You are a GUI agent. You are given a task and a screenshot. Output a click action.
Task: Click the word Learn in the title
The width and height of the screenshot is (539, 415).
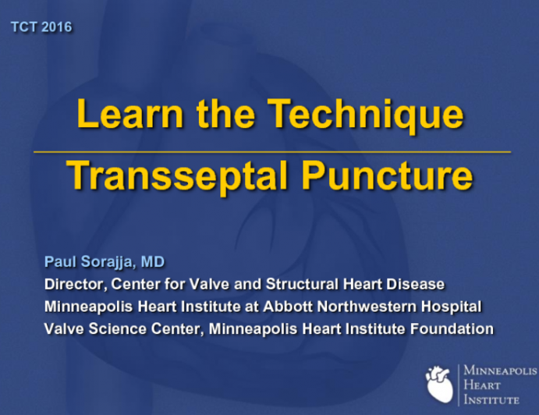[x=120, y=115]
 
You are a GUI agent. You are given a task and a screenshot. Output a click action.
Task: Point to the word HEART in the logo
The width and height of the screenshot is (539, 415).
[x=483, y=385]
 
